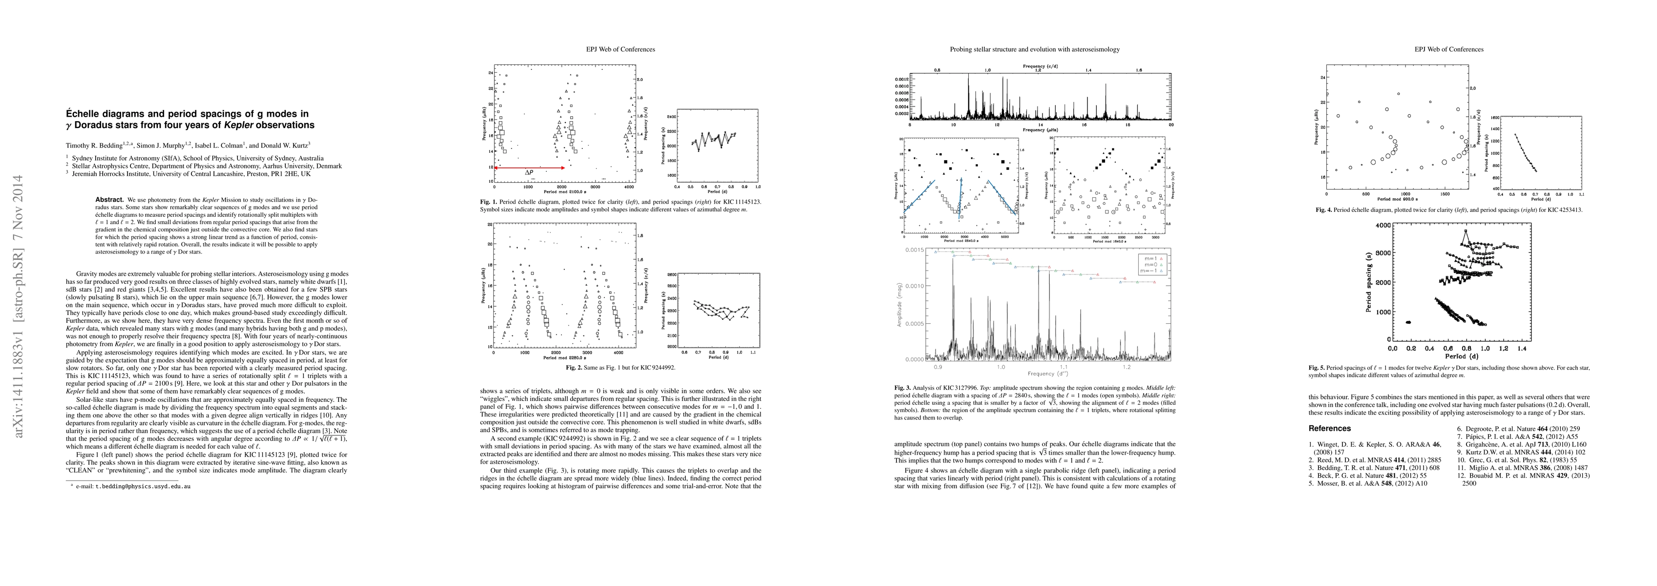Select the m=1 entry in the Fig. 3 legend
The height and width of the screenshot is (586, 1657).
click(1151, 257)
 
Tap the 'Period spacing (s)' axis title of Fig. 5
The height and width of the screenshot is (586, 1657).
click(1367, 282)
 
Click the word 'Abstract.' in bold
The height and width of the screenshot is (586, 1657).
click(109, 200)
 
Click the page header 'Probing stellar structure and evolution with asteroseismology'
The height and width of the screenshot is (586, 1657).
click(1034, 49)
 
